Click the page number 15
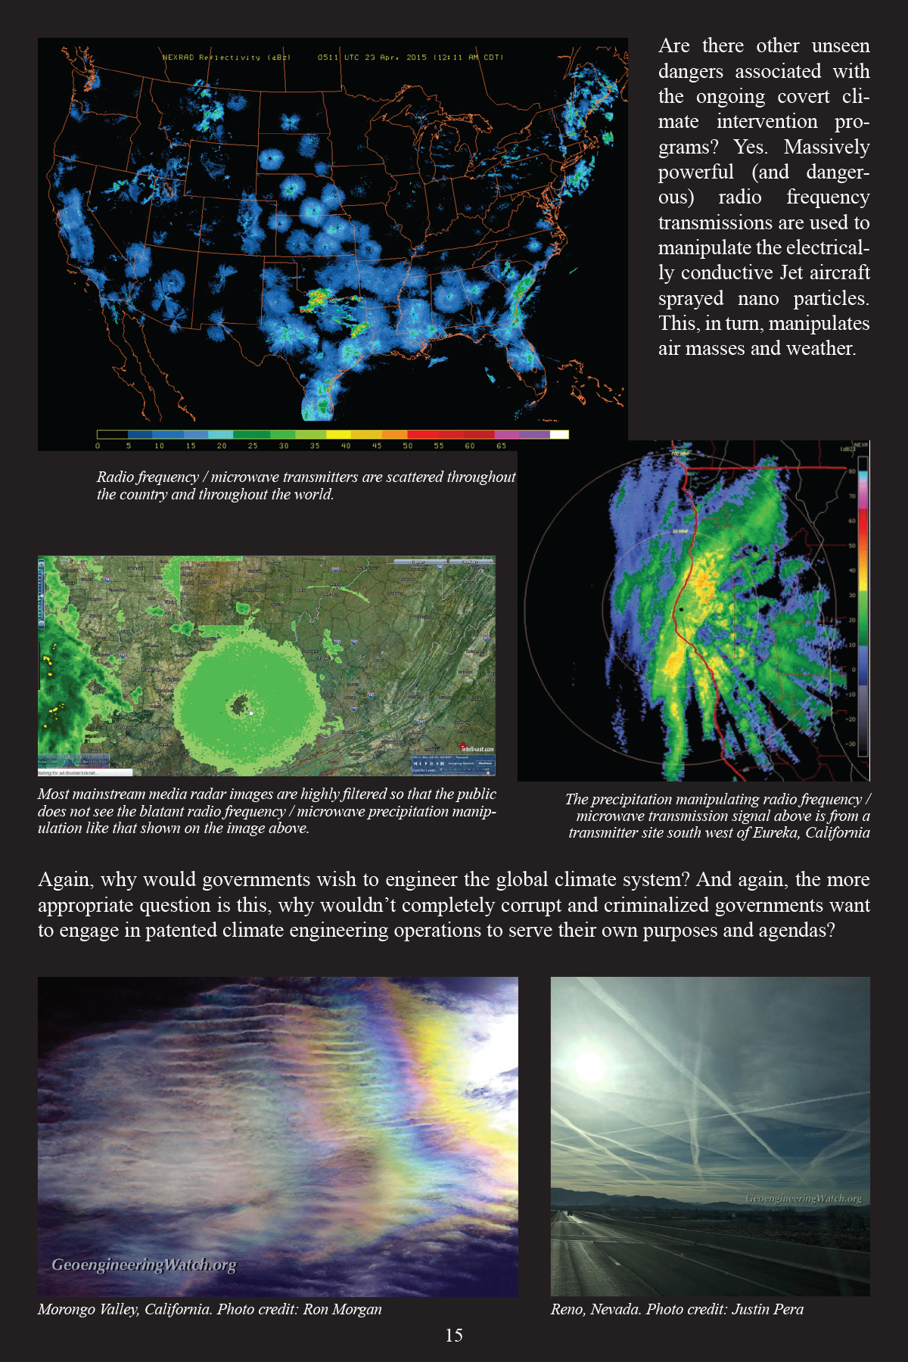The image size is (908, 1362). click(x=454, y=1336)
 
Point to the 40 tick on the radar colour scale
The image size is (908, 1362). click(x=346, y=446)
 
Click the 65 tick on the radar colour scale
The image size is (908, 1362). click(x=501, y=446)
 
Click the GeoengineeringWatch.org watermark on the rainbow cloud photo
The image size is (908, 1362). click(x=144, y=1264)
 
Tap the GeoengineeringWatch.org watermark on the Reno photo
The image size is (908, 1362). click(x=804, y=1199)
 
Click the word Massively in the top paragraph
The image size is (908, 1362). click(x=826, y=147)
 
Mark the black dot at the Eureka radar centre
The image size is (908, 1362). click(x=681, y=608)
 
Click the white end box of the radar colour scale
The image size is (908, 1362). click(x=558, y=434)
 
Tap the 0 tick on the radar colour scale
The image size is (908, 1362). click(x=98, y=446)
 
